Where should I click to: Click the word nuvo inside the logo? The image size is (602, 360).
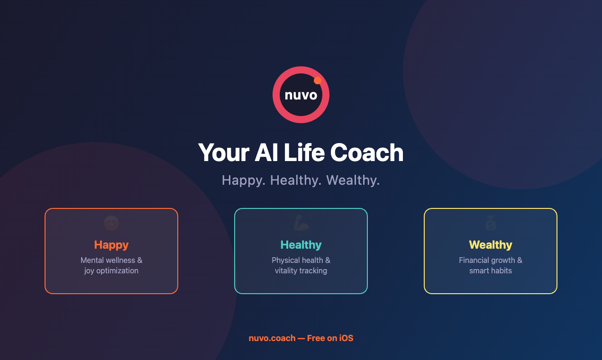(301, 95)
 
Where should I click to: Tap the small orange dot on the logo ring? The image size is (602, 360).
(318, 81)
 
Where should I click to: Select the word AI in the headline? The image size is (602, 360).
(266, 153)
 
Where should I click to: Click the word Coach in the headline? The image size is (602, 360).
(366, 153)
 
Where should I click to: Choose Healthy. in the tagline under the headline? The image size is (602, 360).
(296, 180)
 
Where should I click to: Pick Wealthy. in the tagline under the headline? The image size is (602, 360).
(353, 180)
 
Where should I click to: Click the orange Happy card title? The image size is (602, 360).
(111, 245)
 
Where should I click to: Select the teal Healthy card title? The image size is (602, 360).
(301, 245)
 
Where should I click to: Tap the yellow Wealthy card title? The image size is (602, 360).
(491, 245)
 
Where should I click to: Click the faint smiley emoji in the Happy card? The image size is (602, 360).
(111, 223)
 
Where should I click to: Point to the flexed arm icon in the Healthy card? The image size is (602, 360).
(301, 223)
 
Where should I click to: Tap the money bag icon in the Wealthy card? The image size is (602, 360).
(491, 223)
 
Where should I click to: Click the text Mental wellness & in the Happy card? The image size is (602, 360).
(111, 260)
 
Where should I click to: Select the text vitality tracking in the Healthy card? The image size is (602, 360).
(301, 271)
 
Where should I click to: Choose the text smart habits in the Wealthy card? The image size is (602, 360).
(491, 271)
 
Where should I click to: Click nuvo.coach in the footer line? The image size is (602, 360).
(272, 338)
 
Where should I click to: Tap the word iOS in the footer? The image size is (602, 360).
(346, 338)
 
